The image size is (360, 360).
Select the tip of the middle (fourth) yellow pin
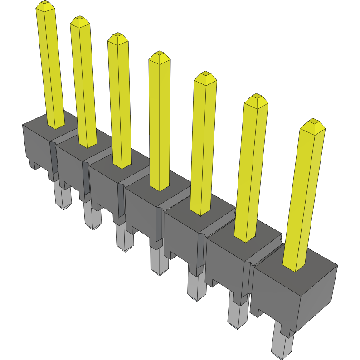pyautogui.click(x=159, y=56)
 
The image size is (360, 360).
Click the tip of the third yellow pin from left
pyautogui.click(x=117, y=38)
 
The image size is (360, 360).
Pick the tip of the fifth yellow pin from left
pyautogui.click(x=205, y=76)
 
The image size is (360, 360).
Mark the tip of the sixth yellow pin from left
pyautogui.click(x=256, y=99)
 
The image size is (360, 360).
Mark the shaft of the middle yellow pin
pyautogui.click(x=159, y=122)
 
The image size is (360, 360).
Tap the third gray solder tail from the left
pyautogui.click(x=124, y=238)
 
